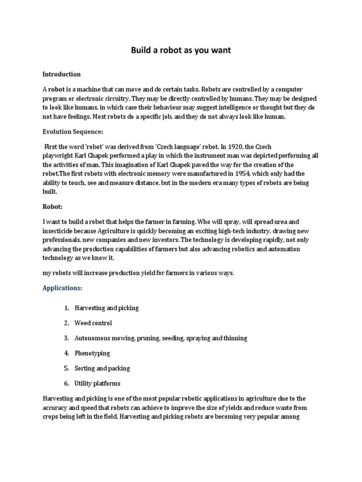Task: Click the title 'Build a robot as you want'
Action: point(181,50)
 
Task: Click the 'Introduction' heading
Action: point(62,74)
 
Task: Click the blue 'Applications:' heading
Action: point(62,287)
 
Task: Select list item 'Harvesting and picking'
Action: point(107,308)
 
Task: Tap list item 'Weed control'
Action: point(93,323)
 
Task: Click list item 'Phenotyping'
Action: point(92,353)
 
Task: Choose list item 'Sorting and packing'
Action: point(102,368)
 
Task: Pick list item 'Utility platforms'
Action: point(97,383)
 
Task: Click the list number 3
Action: point(66,338)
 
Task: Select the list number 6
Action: point(66,383)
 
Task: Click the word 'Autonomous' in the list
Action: point(91,338)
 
